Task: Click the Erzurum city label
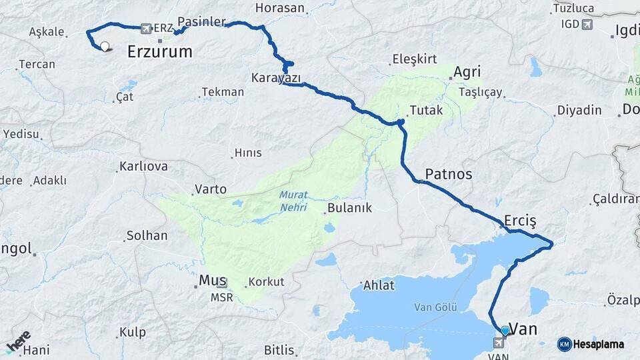coord(159,51)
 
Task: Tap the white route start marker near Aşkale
coord(105,47)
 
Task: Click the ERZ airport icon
coord(146,28)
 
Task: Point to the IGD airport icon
coord(587,25)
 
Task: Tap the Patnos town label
coord(448,174)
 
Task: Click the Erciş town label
coord(521,220)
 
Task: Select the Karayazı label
coord(276,78)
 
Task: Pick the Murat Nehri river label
coord(293,201)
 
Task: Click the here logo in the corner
coord(18,341)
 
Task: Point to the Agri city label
coord(467,72)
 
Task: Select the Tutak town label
coord(426,110)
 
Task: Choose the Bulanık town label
coord(348,208)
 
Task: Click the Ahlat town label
coord(378,285)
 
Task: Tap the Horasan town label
coord(280,9)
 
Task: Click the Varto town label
coord(211,189)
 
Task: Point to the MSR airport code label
coord(222,297)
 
